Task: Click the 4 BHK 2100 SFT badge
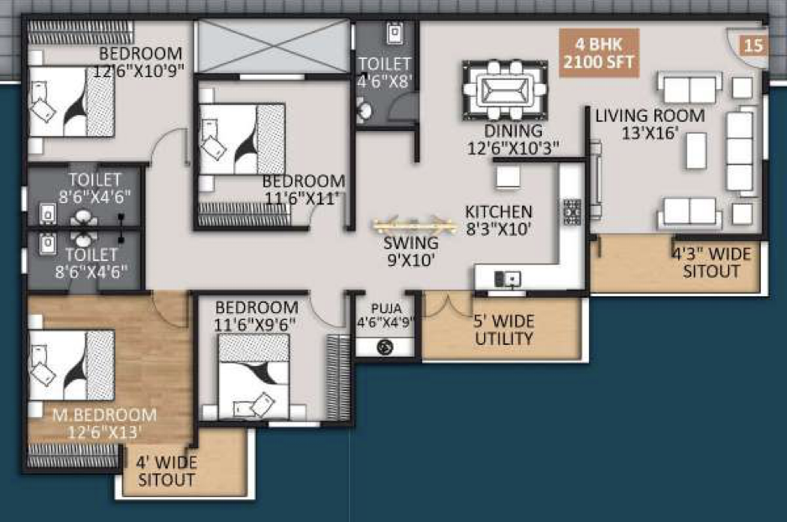[599, 53]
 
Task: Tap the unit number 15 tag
[753, 45]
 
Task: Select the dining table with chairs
[504, 91]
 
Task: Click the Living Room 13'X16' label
[650, 124]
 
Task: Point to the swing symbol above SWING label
[414, 224]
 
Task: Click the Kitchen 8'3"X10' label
[498, 220]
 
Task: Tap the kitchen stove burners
[571, 211]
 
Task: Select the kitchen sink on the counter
[508, 279]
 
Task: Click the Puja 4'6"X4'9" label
[385, 316]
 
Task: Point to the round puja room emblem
[385, 347]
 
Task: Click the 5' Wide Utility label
[504, 330]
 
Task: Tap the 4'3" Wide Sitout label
[711, 263]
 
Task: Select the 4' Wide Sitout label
[166, 471]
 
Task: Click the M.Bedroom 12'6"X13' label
[104, 424]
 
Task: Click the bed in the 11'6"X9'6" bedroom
[254, 376]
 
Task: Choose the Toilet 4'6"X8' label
[385, 72]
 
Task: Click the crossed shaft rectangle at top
[273, 46]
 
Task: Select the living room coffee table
[696, 150]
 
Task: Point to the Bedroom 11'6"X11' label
[303, 189]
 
